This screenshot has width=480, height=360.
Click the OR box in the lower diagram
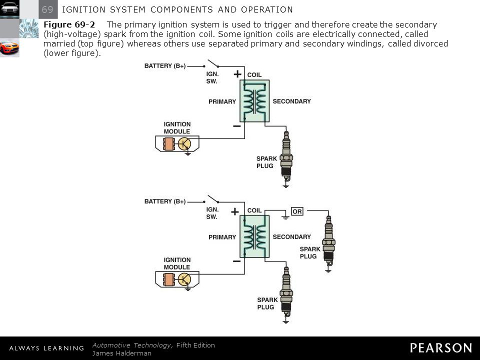pyautogui.click(x=297, y=211)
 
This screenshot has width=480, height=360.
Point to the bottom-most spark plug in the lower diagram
pyautogui.click(x=286, y=292)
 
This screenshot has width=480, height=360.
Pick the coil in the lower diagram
pyautogui.click(x=254, y=236)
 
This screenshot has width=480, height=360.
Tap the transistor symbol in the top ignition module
pyautogui.click(x=184, y=143)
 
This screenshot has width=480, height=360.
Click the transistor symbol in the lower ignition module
pyautogui.click(x=184, y=279)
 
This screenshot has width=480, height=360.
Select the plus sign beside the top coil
pyautogui.click(x=237, y=74)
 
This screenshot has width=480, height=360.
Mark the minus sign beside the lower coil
pyautogui.click(x=236, y=261)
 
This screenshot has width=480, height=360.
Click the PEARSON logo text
pyautogui.click(x=441, y=348)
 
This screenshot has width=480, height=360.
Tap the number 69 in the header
pyautogui.click(x=48, y=9)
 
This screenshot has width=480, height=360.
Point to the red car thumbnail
pyautogui.click(x=9, y=47)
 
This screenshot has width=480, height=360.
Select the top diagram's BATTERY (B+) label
pyautogui.click(x=165, y=66)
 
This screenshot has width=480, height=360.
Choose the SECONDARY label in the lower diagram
pyautogui.click(x=292, y=236)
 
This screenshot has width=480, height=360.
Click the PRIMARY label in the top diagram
pyautogui.click(x=222, y=101)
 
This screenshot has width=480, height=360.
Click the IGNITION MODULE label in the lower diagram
pyautogui.click(x=177, y=263)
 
